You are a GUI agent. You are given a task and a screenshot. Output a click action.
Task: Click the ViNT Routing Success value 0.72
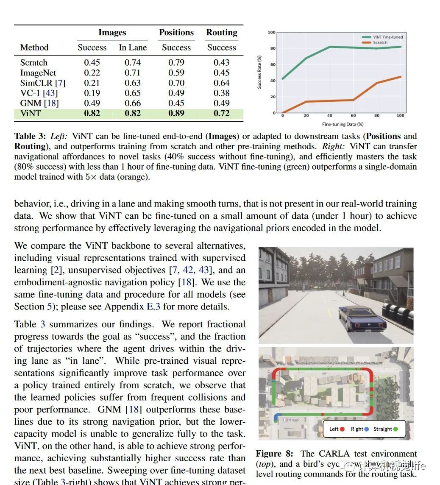(221, 113)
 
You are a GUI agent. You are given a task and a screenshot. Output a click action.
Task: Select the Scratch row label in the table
(34, 63)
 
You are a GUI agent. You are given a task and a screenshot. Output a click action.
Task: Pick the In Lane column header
(133, 47)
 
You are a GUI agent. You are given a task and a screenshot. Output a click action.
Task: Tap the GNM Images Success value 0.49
(92, 103)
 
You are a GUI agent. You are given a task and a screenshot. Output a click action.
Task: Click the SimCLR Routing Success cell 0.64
(221, 83)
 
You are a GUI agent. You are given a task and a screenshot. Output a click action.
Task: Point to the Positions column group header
(176, 33)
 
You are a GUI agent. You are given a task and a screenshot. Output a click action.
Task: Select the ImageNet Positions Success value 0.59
(176, 73)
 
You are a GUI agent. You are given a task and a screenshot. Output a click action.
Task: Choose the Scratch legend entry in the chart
(380, 42)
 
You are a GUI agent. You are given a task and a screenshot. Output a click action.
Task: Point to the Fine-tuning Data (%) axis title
(343, 124)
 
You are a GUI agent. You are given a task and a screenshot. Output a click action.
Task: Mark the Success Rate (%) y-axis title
(259, 72)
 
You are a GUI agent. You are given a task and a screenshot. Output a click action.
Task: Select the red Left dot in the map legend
(342, 429)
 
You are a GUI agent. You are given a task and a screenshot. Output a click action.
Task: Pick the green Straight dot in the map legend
(395, 429)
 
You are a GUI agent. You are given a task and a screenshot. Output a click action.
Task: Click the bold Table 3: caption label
(31, 136)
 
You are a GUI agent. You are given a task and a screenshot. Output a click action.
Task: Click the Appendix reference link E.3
(153, 307)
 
